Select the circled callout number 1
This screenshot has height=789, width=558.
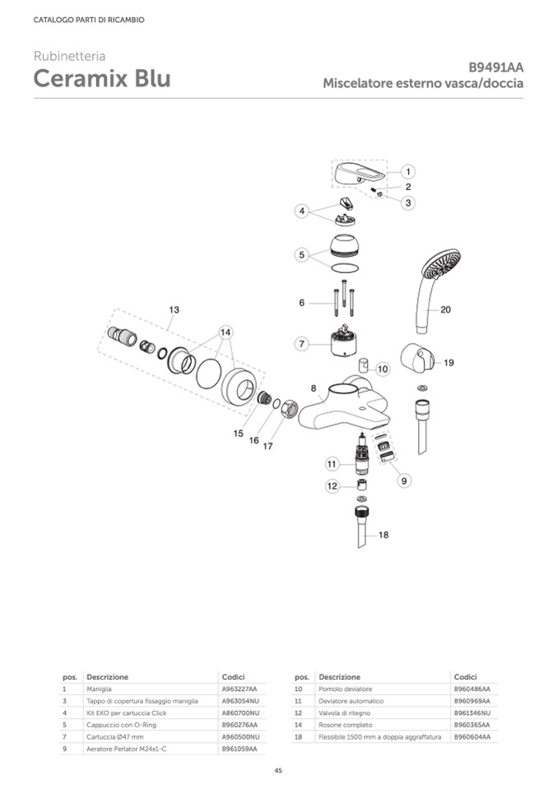click(407, 172)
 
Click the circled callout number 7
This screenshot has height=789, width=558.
click(301, 344)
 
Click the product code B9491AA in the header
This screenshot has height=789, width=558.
click(495, 67)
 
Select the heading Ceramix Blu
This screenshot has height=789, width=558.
click(102, 78)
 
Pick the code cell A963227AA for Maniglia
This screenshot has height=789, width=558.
click(239, 689)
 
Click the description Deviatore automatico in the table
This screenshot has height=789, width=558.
click(351, 701)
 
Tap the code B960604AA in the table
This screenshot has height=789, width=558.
click(472, 737)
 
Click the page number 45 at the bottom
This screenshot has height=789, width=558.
click(278, 770)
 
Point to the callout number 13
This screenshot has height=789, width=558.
click(174, 309)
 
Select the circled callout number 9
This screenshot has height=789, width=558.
click(404, 481)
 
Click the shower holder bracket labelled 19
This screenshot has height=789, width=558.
click(416, 359)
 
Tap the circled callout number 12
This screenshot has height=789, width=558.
click(332, 486)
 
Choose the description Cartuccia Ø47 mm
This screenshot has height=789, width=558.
click(114, 737)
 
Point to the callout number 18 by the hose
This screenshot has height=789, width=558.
click(384, 535)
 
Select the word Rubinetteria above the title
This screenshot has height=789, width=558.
click(69, 56)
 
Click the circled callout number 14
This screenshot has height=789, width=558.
click(226, 332)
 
